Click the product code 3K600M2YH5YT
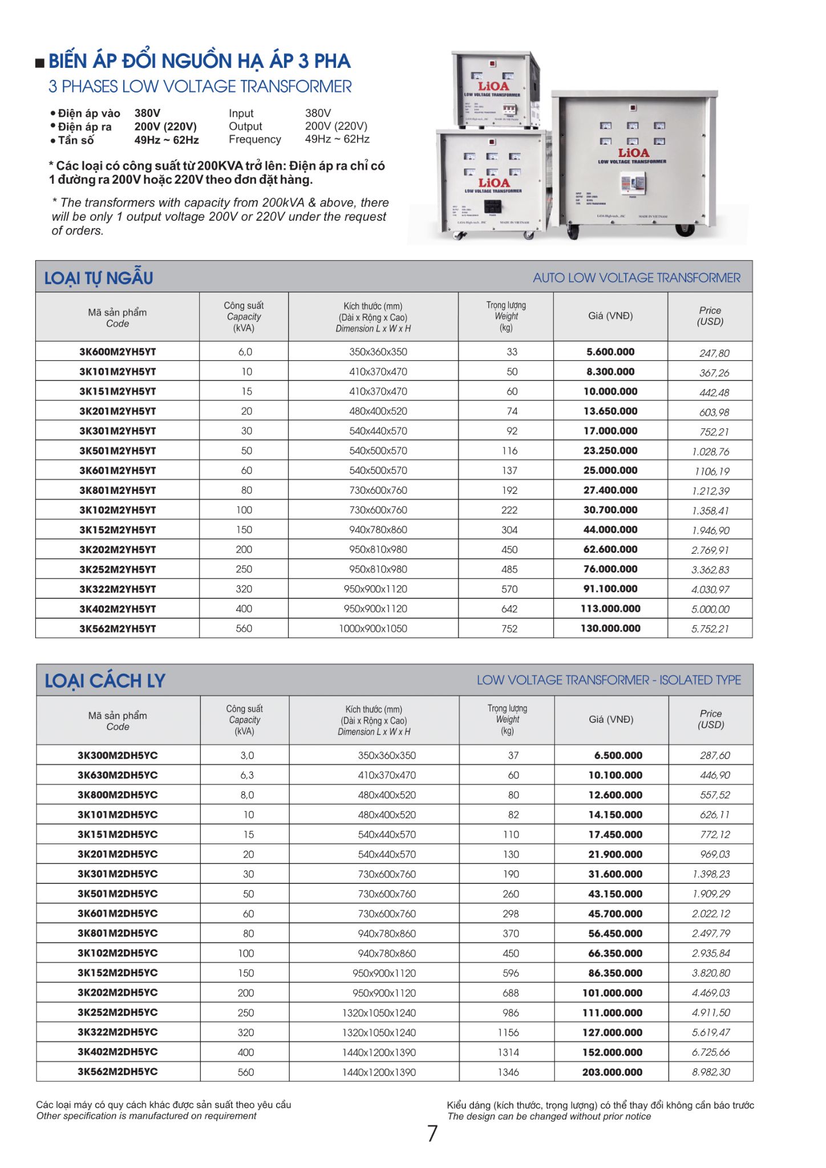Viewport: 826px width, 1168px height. click(118, 352)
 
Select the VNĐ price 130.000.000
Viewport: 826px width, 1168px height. click(610, 628)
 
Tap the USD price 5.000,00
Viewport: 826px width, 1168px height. click(710, 609)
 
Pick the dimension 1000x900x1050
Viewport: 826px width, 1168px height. click(373, 628)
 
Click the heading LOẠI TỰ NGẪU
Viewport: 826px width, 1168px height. click(99, 278)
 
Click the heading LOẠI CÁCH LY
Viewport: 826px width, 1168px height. click(105, 680)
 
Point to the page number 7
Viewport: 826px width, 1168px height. click(432, 1133)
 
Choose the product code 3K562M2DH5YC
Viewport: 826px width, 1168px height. click(118, 1072)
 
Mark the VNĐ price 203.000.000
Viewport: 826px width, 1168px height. click(612, 1072)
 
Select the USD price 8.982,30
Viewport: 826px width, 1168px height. click(711, 1072)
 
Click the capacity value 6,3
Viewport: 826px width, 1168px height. click(247, 775)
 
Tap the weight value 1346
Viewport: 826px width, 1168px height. click(508, 1072)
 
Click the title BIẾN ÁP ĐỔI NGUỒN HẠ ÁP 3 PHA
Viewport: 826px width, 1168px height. click(199, 61)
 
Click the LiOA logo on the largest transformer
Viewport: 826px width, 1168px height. click(633, 153)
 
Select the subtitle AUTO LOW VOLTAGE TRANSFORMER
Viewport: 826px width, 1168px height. click(637, 278)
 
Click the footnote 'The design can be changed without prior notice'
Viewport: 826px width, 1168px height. click(549, 1116)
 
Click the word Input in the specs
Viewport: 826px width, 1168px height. click(241, 113)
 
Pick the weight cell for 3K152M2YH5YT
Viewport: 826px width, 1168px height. click(509, 530)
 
